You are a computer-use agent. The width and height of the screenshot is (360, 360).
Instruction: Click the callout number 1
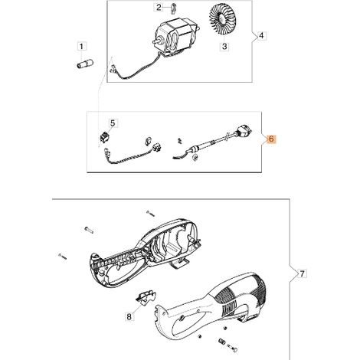(x=81, y=47)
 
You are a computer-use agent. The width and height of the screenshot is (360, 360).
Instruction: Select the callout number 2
(x=159, y=8)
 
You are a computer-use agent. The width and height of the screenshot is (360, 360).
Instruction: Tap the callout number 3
(x=224, y=47)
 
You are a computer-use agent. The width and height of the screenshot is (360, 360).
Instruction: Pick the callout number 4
(x=261, y=36)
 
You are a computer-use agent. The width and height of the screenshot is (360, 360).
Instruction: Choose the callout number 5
(x=113, y=123)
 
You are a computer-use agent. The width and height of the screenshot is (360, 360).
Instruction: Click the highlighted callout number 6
(x=271, y=139)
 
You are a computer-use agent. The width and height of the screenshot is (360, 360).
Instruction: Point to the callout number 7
(x=302, y=274)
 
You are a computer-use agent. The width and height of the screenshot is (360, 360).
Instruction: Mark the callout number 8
(x=129, y=317)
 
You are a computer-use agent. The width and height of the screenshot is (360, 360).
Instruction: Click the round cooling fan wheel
(x=222, y=19)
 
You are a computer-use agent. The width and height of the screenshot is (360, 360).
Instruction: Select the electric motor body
(x=176, y=37)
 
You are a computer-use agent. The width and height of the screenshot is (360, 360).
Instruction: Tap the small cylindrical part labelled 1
(x=85, y=64)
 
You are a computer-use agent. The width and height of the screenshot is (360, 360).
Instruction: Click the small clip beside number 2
(x=173, y=8)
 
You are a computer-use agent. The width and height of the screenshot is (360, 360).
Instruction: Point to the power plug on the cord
(x=243, y=130)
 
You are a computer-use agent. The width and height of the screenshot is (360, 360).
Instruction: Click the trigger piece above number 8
(x=146, y=297)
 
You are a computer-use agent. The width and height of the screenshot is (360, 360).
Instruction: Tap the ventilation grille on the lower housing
(x=240, y=293)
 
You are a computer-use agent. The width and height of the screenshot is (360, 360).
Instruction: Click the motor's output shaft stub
(x=155, y=41)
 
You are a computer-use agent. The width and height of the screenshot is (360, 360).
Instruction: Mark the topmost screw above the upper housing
(x=150, y=213)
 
